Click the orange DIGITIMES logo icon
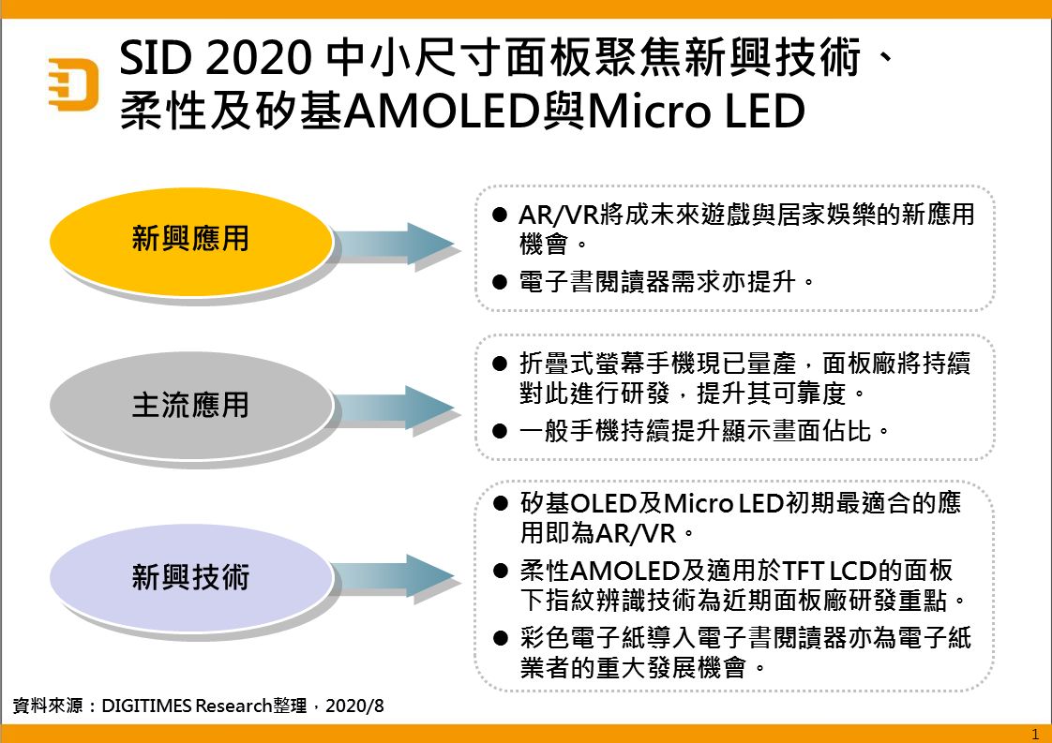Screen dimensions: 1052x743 (x=73, y=83)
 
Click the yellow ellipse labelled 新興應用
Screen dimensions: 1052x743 (x=191, y=241)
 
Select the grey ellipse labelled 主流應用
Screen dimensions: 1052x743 (x=191, y=406)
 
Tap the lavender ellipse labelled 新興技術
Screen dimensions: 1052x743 (x=191, y=577)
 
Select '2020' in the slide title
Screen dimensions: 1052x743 (x=258, y=57)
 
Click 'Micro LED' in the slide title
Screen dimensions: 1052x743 (x=696, y=111)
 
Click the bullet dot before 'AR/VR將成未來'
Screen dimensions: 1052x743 (x=499, y=215)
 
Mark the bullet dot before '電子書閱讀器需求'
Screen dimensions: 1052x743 (x=499, y=282)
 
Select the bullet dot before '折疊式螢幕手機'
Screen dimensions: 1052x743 (x=499, y=364)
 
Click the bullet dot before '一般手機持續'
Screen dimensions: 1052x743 (x=499, y=430)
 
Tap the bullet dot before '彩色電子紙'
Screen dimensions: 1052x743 (x=500, y=638)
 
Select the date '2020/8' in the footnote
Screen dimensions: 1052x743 (x=355, y=706)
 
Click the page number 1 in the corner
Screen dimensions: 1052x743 (x=1035, y=735)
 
